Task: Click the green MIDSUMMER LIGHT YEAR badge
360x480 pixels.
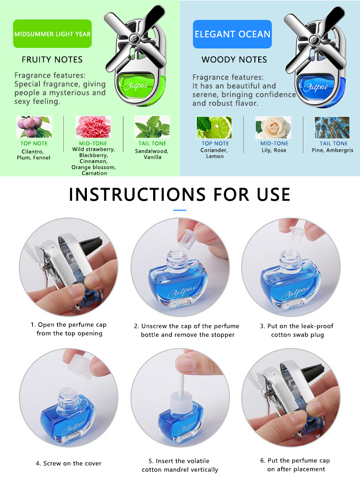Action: point(52,34)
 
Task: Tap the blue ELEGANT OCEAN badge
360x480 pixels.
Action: point(232,34)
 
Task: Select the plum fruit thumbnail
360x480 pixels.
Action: point(34,127)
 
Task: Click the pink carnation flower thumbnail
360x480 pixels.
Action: point(93,127)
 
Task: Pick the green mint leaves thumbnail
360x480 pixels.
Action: point(152,127)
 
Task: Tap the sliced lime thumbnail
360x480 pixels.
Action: point(214,127)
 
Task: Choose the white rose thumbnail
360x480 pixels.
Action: point(273,127)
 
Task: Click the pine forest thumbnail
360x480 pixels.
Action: point(332,127)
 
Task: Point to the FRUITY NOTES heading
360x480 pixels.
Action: point(52,60)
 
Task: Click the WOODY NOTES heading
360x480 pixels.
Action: point(234,60)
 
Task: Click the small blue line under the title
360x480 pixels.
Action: point(180,210)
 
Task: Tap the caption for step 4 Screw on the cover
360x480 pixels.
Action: point(69,463)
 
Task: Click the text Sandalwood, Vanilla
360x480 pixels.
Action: point(152,154)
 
